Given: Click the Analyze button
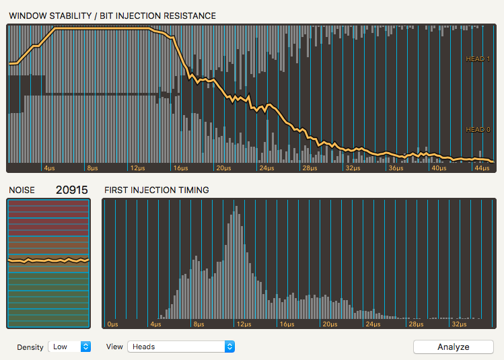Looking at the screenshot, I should point(453,347).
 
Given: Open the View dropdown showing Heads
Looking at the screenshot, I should point(181,347).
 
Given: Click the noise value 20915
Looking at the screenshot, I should point(71,190).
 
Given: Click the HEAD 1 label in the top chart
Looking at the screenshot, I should point(478,59).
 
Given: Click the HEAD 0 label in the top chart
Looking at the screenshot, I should point(478,130).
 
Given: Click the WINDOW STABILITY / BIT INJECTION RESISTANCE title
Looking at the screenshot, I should point(112,15).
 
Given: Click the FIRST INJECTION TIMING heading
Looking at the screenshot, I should point(156,190).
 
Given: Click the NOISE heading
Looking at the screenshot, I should point(22,190).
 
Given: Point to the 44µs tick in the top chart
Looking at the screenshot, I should point(480,168).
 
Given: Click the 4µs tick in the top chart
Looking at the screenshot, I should point(50,168).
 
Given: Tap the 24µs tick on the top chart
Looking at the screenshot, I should point(267,168).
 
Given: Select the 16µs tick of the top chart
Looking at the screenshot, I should point(180,168).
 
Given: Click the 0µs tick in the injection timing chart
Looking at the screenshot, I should point(112,324).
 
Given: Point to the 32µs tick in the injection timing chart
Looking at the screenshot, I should point(460,324).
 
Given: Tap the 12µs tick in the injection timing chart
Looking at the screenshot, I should point(242,324).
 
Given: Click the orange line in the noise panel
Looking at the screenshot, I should point(47,260).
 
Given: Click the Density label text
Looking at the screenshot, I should point(30,347).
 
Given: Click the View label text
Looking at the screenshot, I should point(114,347).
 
